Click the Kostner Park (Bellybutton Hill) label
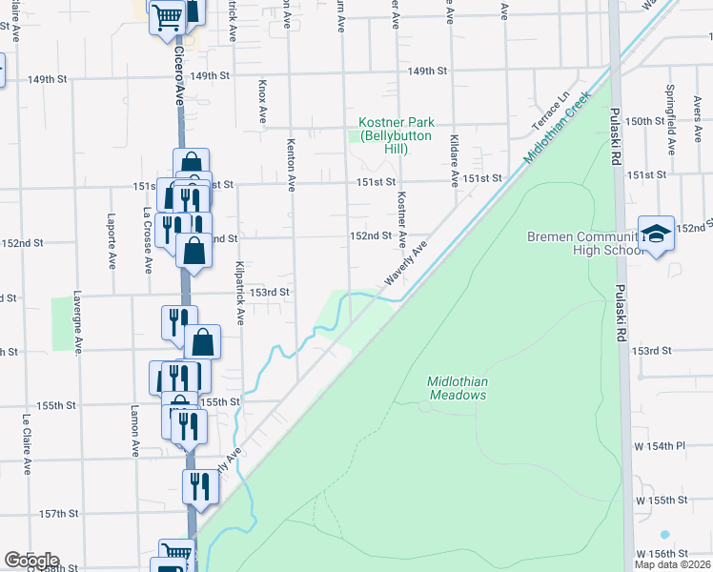pos(397,135)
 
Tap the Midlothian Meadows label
pos(458,388)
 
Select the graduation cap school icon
pos(656,235)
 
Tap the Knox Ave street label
pos(263,102)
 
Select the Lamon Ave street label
pos(135,431)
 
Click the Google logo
pos(31,561)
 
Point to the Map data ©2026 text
pos(671,564)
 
